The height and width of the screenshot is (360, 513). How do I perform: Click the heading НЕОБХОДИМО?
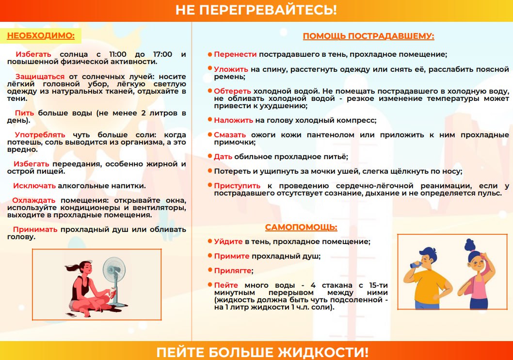pos(41,36)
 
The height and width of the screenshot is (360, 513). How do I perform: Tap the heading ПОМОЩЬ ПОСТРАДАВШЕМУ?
pos(369,36)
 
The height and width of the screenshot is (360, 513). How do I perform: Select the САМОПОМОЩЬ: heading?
pos(301,227)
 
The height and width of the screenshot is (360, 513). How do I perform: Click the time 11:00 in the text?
pos(117,54)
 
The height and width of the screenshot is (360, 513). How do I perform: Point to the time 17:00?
pos(162,54)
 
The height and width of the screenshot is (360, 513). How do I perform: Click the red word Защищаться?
pos(40,77)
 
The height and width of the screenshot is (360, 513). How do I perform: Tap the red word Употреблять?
pos(40,135)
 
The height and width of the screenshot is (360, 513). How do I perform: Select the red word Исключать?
pos(34,186)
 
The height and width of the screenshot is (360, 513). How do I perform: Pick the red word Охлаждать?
pos(33,200)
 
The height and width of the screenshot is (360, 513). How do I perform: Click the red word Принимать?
pos(35,229)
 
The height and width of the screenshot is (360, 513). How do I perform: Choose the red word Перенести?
pos(235,54)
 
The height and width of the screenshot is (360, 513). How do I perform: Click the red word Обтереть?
pos(232,91)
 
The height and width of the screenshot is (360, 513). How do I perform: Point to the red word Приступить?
pos(237,186)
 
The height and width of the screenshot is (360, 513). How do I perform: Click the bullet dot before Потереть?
pos(210,170)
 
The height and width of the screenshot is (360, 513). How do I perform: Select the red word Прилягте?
pos(233,271)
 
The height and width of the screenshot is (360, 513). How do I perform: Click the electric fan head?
pos(114,269)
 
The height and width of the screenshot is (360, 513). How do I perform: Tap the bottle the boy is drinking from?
pos(416,264)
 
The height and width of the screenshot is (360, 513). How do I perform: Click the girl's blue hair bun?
pos(470,245)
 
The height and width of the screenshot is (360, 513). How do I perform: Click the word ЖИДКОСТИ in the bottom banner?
pos(323,352)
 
